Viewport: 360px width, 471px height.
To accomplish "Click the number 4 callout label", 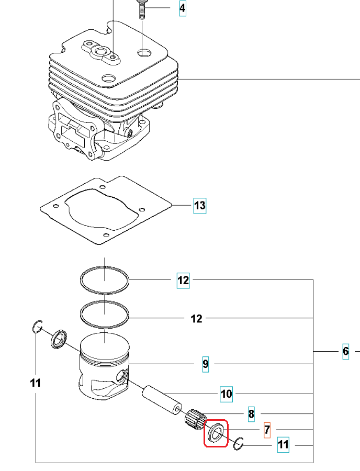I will point(182,8).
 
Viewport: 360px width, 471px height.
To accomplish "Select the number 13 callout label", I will point(200,206).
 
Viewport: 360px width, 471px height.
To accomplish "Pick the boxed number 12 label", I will point(183,281).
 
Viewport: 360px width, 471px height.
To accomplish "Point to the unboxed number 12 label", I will point(196,319).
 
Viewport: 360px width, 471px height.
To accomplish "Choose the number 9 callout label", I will point(206,363).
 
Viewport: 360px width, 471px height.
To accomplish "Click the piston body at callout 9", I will point(105,372).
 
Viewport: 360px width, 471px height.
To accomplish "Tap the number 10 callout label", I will point(226,394).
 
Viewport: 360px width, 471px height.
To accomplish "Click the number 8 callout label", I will point(251,414).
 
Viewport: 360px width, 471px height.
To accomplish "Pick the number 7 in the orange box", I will point(267,430).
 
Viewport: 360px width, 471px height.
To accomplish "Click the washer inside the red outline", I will point(215,433).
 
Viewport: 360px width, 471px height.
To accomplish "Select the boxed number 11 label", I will point(283,445).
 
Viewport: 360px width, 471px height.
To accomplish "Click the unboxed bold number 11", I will point(35,383).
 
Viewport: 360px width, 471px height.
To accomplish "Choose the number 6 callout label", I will point(346,351).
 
